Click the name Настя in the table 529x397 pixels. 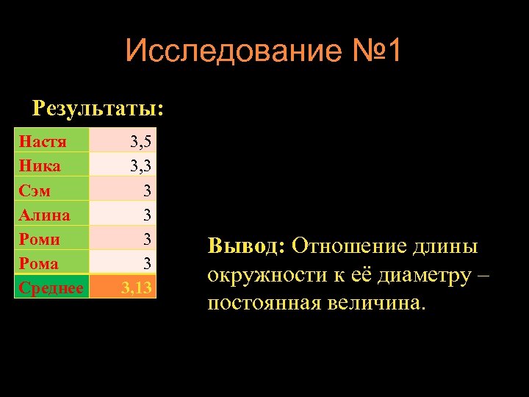(43, 141)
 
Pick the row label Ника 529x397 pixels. (40, 165)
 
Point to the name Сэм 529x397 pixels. (35, 190)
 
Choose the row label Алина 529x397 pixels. (45, 215)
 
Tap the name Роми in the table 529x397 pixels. (40, 239)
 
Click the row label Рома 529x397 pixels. (40, 262)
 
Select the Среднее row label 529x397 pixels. (51, 287)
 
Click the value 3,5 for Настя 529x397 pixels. (140, 141)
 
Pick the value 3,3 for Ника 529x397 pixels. (140, 165)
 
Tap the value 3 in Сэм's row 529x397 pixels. (147, 190)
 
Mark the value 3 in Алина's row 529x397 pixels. (147, 215)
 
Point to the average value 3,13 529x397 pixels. (138, 287)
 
